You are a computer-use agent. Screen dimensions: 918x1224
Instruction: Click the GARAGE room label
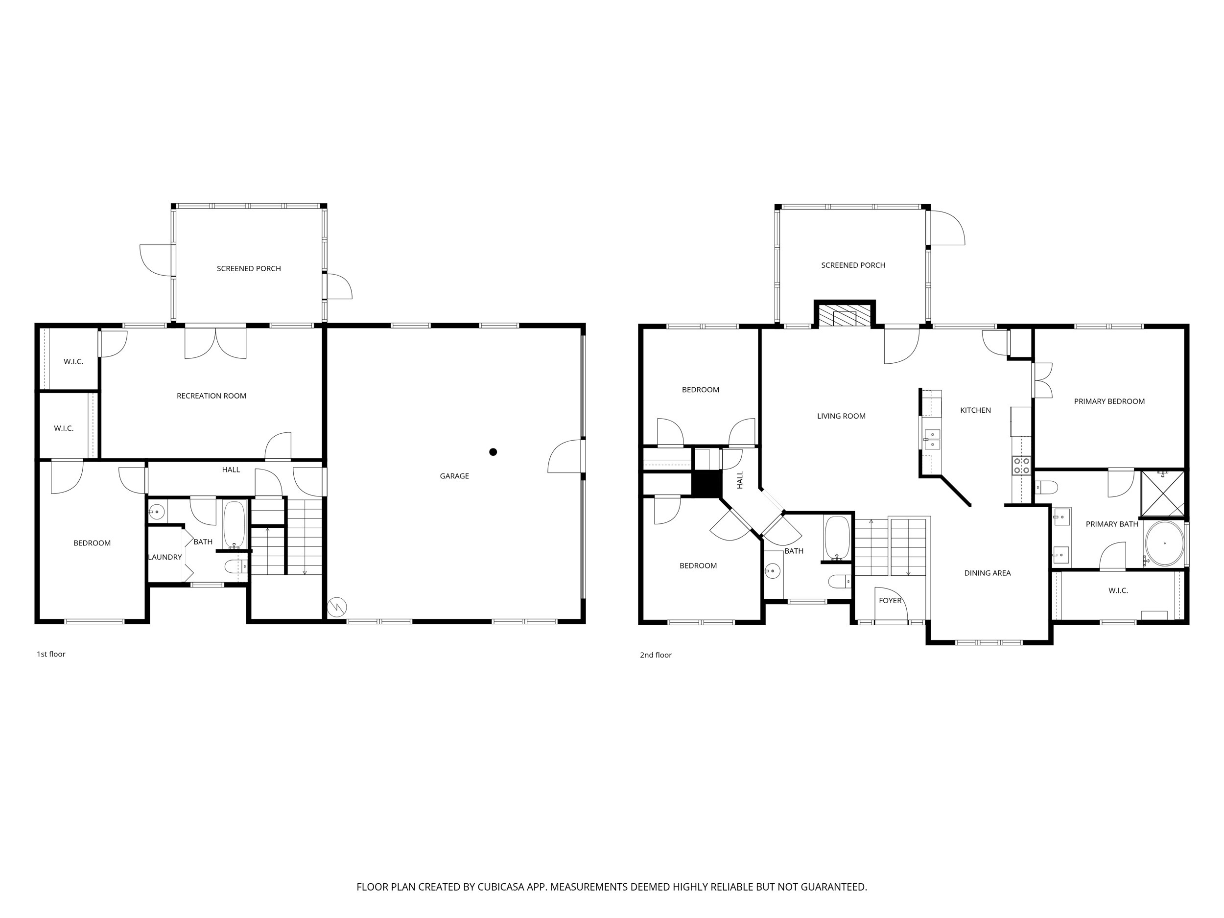coord(454,476)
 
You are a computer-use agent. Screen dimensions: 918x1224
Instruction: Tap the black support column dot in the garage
coord(493,452)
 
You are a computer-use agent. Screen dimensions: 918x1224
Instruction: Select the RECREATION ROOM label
coord(212,396)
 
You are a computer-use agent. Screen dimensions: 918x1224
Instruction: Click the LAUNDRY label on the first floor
coord(165,557)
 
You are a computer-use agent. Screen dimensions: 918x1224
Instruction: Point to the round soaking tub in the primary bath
coord(1164,543)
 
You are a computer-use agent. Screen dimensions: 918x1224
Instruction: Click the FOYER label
coord(890,600)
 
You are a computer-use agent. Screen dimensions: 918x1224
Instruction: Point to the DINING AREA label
coord(987,573)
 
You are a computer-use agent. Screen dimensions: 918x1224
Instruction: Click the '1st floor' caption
coord(51,654)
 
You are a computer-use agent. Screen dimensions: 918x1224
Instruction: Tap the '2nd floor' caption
coord(656,655)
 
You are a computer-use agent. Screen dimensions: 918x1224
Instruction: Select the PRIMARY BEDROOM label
coord(1109,401)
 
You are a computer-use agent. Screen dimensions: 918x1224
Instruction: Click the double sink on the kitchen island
coord(932,439)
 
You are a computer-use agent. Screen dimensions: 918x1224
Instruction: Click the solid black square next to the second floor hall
coord(707,484)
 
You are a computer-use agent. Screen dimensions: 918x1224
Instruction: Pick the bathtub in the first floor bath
coord(234,524)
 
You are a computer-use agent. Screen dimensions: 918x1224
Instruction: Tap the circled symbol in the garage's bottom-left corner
coord(337,607)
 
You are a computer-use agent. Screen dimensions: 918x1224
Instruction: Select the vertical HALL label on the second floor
coord(740,480)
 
